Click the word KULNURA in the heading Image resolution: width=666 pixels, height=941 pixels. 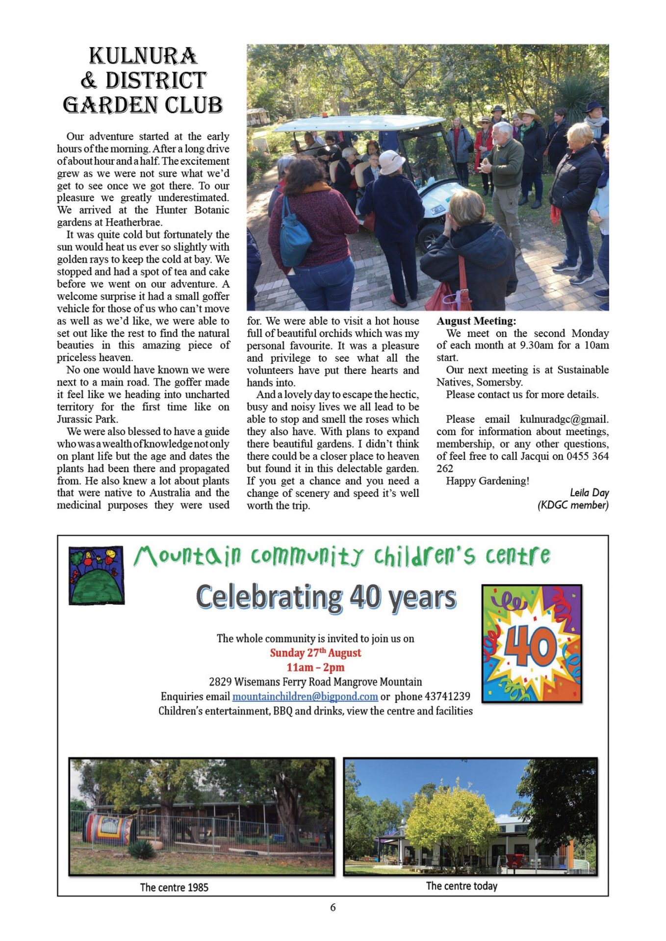pyautogui.click(x=143, y=56)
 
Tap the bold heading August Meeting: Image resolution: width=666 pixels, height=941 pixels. pyautogui.click(x=476, y=321)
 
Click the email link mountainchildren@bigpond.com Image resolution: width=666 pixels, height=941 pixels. pyautogui.click(x=305, y=696)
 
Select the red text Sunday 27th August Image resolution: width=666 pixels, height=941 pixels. pyautogui.click(x=315, y=653)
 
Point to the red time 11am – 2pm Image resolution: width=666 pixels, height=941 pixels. pyautogui.click(x=315, y=668)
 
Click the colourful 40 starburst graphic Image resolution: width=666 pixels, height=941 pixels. pyautogui.click(x=532, y=644)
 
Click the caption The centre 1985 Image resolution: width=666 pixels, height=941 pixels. pyautogui.click(x=174, y=887)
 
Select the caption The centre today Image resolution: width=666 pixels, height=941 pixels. pyautogui.click(x=461, y=886)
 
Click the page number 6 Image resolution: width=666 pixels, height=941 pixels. pyautogui.click(x=333, y=907)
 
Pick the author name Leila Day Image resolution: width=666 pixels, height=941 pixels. pyautogui.click(x=589, y=493)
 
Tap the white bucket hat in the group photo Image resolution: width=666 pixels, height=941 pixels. pyautogui.click(x=391, y=162)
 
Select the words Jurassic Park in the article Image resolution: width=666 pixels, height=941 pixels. pyautogui.click(x=87, y=419)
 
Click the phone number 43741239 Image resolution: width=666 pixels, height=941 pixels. pyautogui.click(x=447, y=696)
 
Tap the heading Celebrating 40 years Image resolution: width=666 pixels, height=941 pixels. pyautogui.click(x=326, y=597)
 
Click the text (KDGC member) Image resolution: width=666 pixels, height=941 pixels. pyautogui.click(x=573, y=505)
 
